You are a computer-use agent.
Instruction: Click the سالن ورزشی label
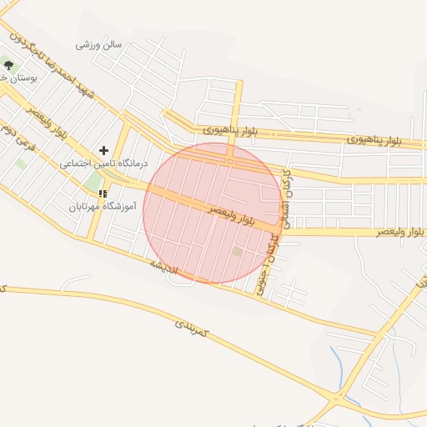[99, 44]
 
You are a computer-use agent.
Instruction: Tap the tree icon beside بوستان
[8, 63]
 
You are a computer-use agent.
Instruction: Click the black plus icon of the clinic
[103, 150]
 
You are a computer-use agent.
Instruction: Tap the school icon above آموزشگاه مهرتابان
[103, 193]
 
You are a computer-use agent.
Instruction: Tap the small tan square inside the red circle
[238, 251]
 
